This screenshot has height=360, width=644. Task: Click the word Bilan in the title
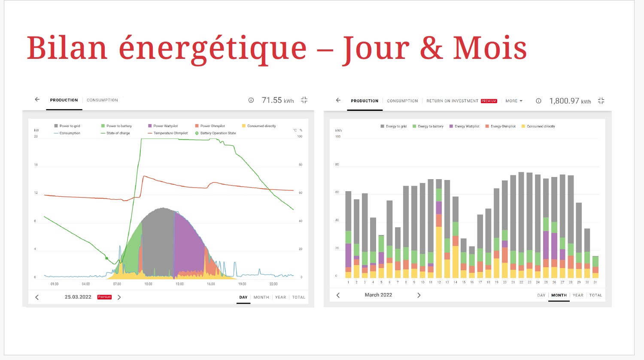pyautogui.click(x=67, y=48)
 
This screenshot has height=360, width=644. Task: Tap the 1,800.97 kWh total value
pyautogui.click(x=570, y=101)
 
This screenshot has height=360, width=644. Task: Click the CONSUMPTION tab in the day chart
pyautogui.click(x=102, y=100)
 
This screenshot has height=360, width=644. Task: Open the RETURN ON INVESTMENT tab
pyautogui.click(x=452, y=101)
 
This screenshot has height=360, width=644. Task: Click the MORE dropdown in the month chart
pyautogui.click(x=514, y=101)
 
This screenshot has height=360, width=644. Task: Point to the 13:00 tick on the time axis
pyautogui.click(x=179, y=284)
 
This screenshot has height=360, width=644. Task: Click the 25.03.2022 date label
pyautogui.click(x=78, y=297)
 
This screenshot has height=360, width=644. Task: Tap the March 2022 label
pyautogui.click(x=378, y=295)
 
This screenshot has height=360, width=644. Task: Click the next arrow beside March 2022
pyautogui.click(x=419, y=295)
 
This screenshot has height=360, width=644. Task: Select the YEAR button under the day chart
pyautogui.click(x=280, y=297)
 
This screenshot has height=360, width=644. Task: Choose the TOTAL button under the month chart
pyautogui.click(x=595, y=295)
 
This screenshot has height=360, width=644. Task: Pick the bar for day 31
pyautogui.click(x=595, y=267)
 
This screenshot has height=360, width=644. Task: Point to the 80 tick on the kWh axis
pyautogui.click(x=337, y=165)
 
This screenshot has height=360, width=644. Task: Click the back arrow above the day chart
pyautogui.click(x=37, y=100)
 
